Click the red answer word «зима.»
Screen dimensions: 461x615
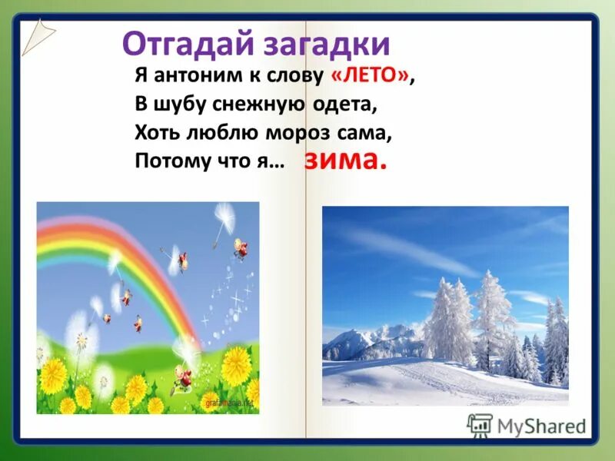coord(344,161)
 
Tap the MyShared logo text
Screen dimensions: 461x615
coord(541,425)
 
